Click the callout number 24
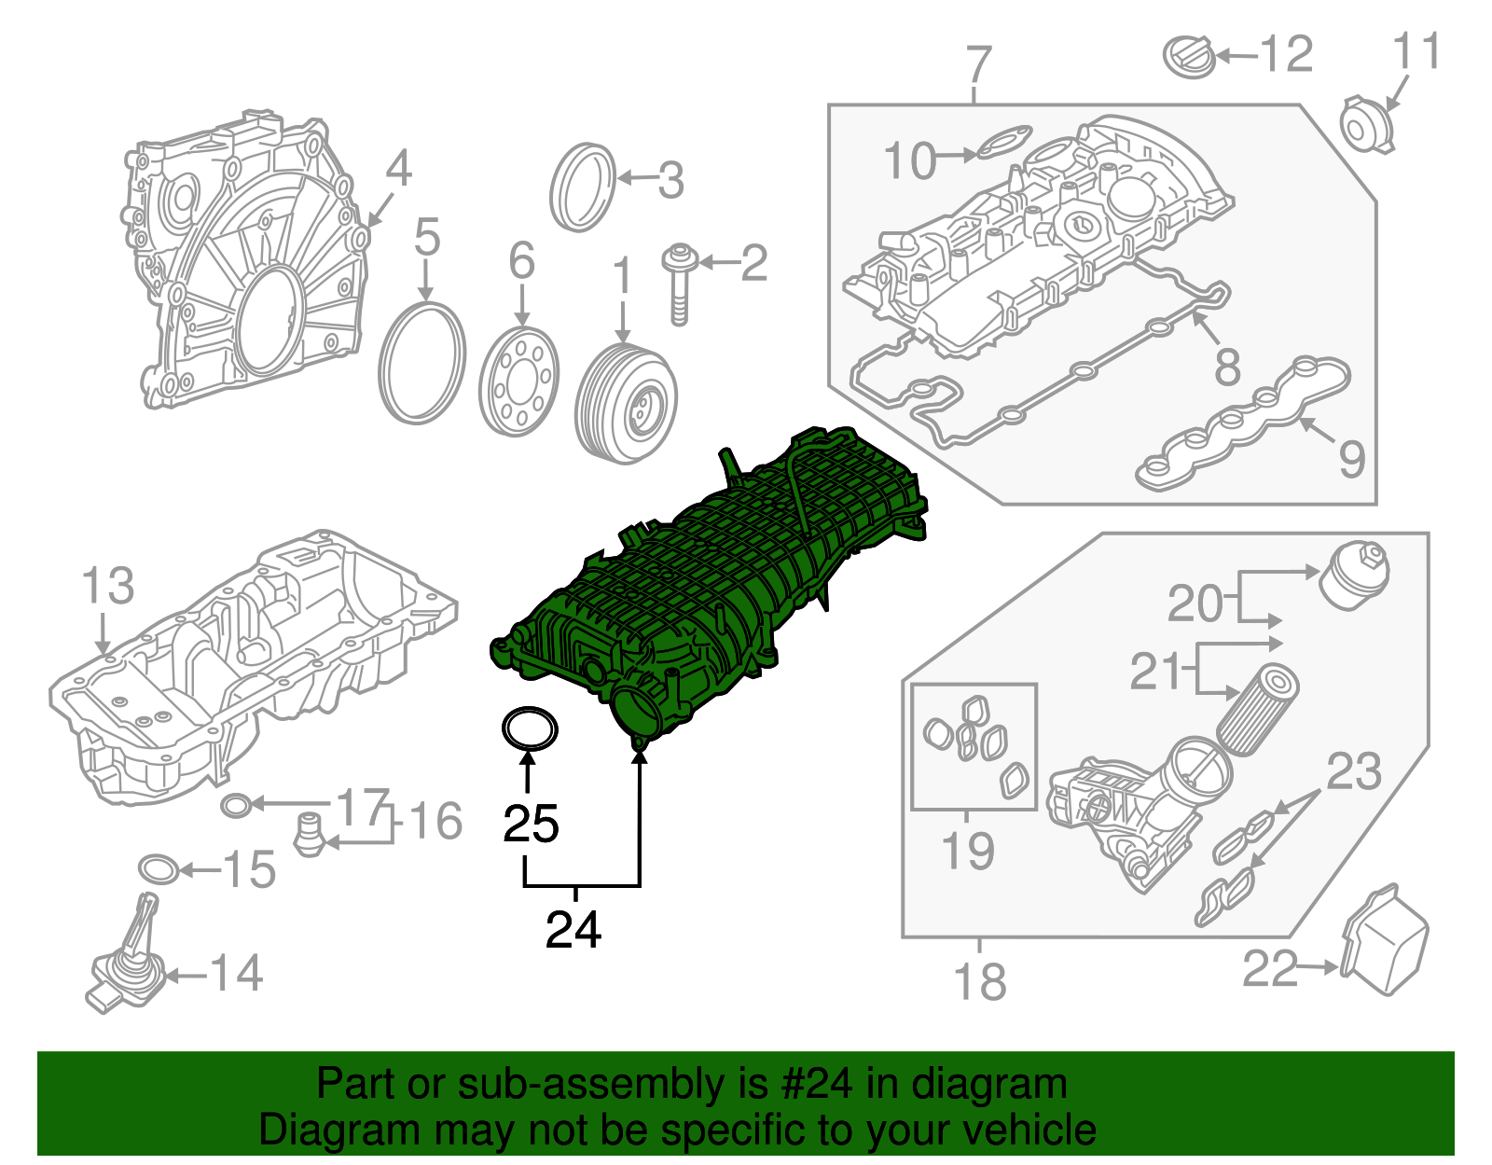(573, 930)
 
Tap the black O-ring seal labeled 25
(531, 729)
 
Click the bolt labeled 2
(680, 284)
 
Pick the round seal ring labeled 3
(583, 187)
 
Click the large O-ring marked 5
(422, 363)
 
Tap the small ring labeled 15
(159, 869)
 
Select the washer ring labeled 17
(237, 803)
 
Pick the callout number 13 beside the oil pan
(107, 586)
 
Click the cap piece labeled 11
(1365, 124)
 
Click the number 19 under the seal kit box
(967, 851)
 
